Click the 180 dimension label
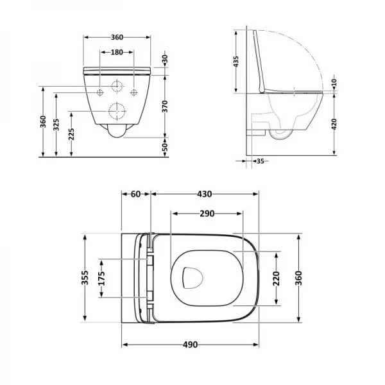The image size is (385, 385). pos(117,53)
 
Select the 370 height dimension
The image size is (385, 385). pos(165,107)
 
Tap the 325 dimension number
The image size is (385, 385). pos(56,124)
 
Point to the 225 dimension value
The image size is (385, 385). pos(71,134)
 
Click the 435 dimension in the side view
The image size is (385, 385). pos(235,62)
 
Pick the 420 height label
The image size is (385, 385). pos(334,124)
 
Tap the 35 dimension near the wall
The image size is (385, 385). pos(260,161)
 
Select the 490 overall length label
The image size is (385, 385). pos(191,345)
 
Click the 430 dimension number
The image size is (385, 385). pos(205,194)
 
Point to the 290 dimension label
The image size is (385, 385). pos(207,214)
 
